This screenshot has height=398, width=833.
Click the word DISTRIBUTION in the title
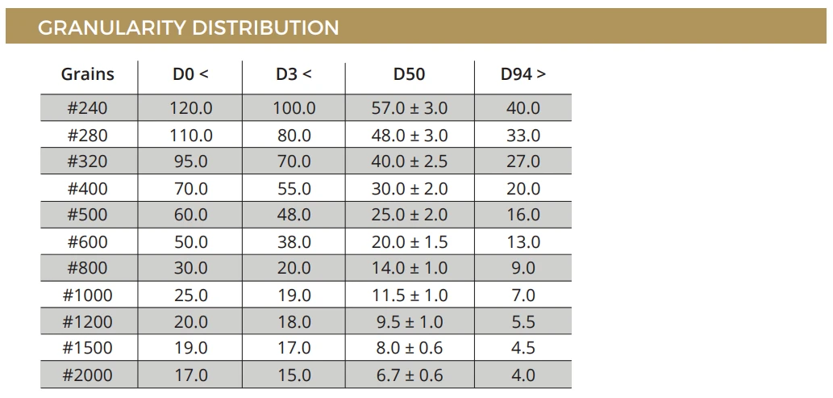(265, 27)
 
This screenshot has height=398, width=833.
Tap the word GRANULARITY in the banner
(111, 27)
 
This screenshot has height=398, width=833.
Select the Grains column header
(88, 74)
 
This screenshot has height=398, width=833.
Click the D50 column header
(409, 74)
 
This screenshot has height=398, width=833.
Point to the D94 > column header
(523, 74)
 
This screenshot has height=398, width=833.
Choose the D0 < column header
(191, 74)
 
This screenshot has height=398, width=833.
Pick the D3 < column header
(294, 74)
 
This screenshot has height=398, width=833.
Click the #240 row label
(88, 108)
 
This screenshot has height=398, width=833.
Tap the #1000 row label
(88, 295)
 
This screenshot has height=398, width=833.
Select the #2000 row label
(88, 375)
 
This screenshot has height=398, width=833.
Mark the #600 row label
(88, 241)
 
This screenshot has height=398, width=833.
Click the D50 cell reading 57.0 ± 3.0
(410, 108)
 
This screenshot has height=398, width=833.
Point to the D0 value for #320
(191, 161)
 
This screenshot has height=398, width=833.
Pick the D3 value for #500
(294, 215)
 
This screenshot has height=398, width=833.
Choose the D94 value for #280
(523, 135)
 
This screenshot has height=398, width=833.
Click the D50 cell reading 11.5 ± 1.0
(410, 295)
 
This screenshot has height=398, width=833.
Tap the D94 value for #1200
(523, 322)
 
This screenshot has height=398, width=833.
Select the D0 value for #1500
(191, 348)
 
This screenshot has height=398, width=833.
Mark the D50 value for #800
(410, 268)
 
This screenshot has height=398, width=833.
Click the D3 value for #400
(294, 188)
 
